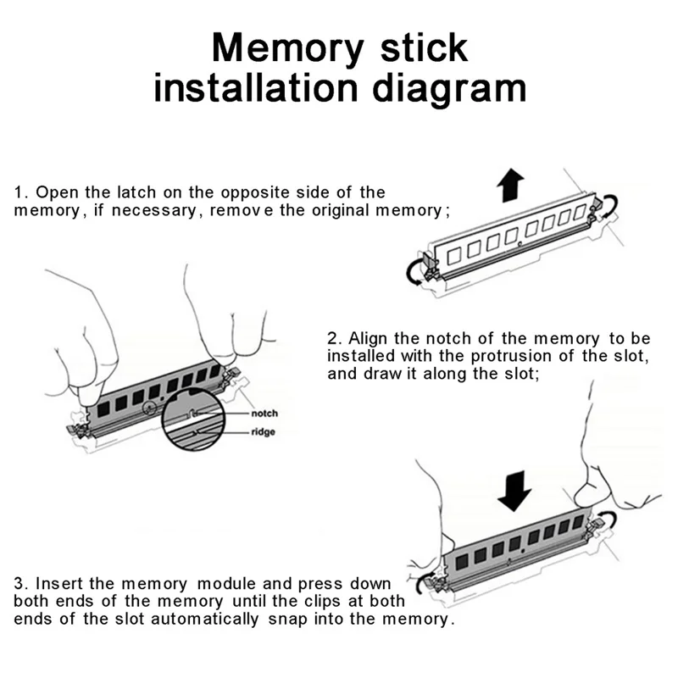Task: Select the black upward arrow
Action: coord(510,184)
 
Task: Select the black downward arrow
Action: coord(514,489)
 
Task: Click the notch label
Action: coord(264,413)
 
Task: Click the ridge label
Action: coord(263,432)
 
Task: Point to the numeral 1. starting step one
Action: coord(20,192)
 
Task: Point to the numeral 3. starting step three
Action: coord(20,584)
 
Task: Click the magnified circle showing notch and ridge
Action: coord(197,423)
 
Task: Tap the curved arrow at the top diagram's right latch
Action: coord(611,204)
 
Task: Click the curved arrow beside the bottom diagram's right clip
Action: coord(608,523)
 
